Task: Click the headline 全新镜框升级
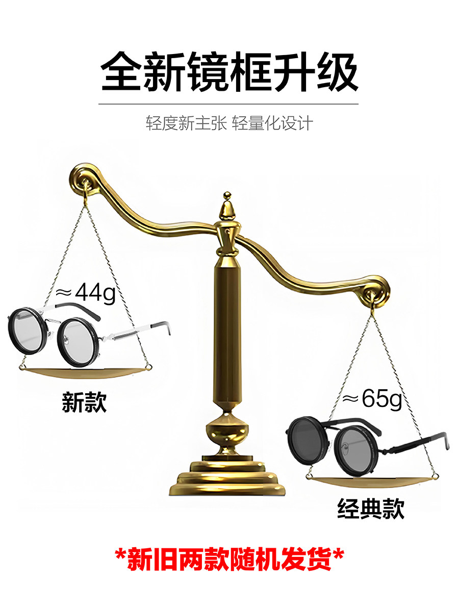point(229,71)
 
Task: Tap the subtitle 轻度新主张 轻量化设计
point(229,123)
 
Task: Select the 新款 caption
point(84,402)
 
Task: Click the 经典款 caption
point(371,508)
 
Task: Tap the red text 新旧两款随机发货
point(229,560)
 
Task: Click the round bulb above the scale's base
point(228,431)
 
